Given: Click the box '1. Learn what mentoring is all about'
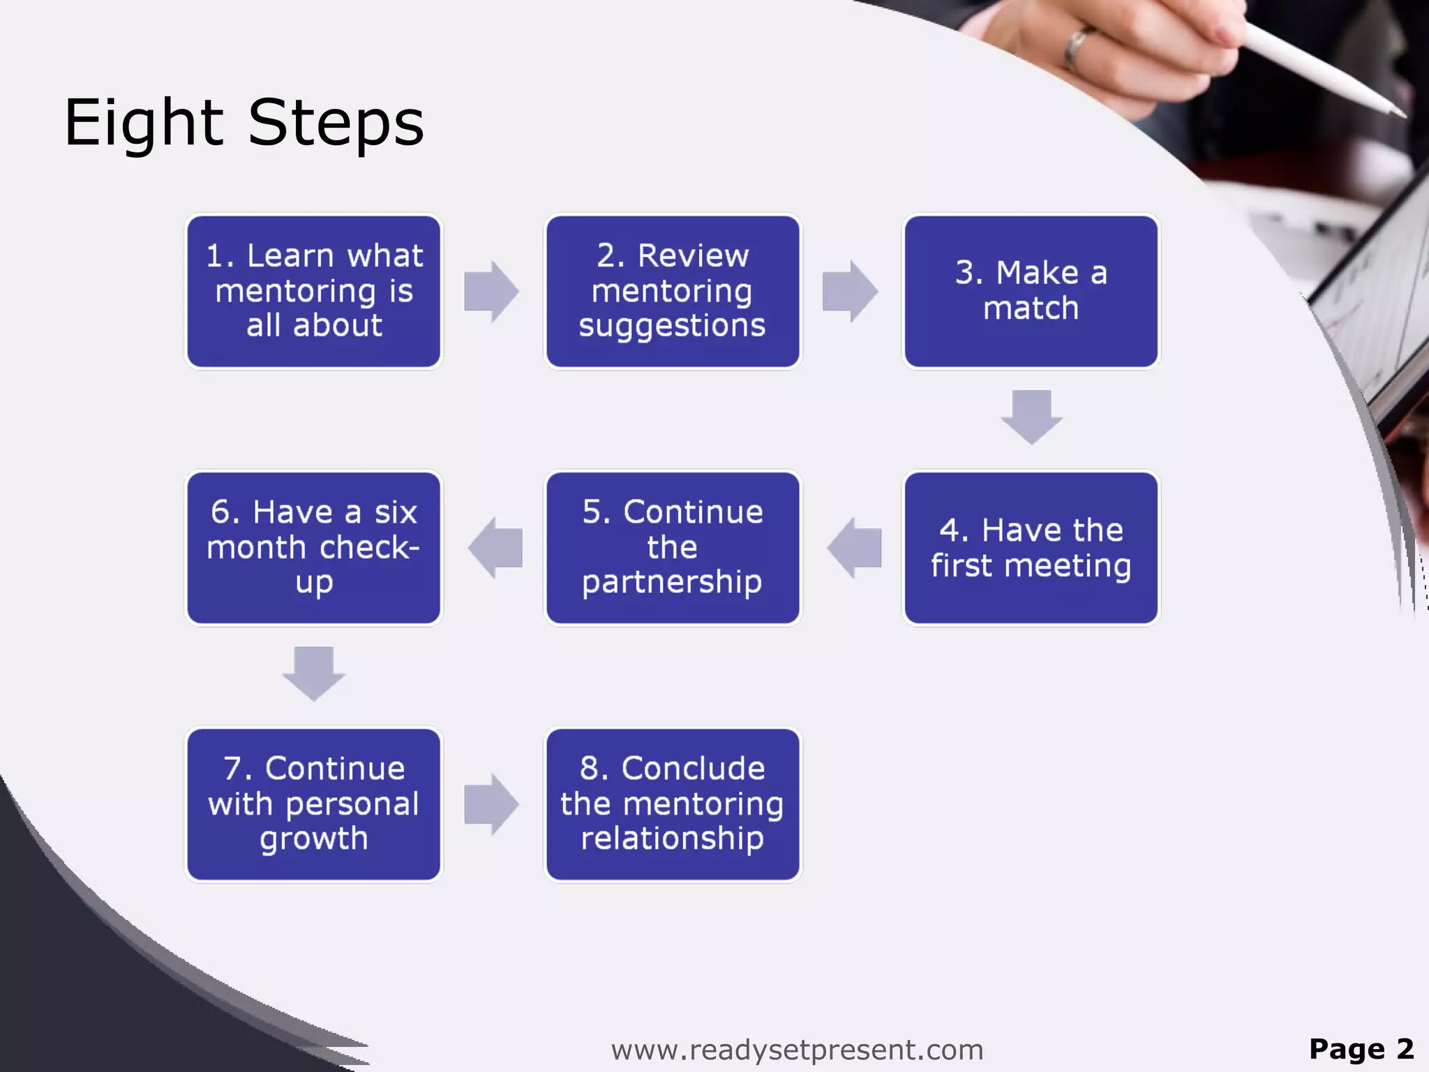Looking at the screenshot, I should (x=314, y=291).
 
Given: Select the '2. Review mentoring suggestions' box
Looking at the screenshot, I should (x=673, y=291).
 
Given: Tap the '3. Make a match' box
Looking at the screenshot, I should (x=1031, y=291).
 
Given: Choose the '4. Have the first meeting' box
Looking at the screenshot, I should (x=1031, y=548).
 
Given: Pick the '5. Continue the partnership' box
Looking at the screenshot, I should (x=673, y=548).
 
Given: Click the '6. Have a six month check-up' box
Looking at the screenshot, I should (x=314, y=548).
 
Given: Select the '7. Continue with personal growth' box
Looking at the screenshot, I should (x=314, y=804).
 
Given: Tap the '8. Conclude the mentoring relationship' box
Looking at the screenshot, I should (x=673, y=804).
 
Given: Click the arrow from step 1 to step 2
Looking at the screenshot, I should (x=491, y=291).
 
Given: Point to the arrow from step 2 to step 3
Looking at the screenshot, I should (x=850, y=291).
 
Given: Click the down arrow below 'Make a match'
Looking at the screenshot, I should (x=1031, y=417).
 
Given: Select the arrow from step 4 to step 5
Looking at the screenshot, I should (x=854, y=548).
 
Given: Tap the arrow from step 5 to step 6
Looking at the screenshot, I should (x=495, y=548).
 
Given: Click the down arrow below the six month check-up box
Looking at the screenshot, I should (x=314, y=673).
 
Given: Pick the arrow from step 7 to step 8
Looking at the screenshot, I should (x=491, y=804).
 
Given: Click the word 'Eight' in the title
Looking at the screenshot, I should (x=144, y=124).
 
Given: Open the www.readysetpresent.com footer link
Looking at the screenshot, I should (x=797, y=1050).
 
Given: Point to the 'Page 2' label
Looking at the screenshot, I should (x=1361, y=1049).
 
